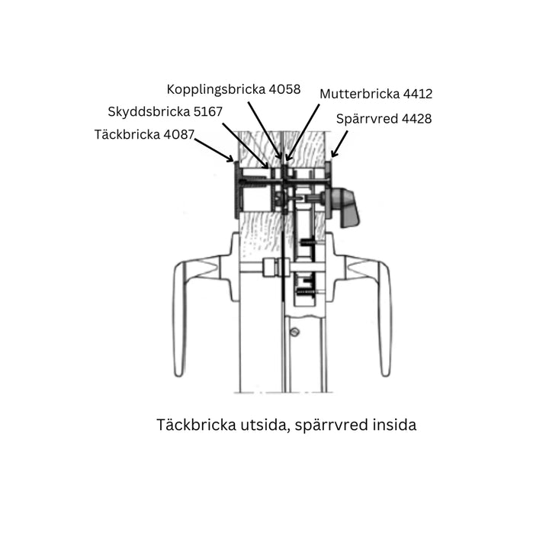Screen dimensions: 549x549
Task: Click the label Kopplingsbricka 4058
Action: point(233,90)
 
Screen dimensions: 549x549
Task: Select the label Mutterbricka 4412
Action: point(376,94)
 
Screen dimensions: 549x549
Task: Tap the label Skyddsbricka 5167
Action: point(165,111)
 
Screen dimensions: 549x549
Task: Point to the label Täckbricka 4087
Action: point(144,134)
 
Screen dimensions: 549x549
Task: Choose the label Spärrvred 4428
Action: point(384,119)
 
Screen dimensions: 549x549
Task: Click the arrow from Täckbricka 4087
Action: point(214,150)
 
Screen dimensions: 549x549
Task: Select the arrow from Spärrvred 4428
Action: point(339,144)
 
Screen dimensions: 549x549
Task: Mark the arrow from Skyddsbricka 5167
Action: point(246,146)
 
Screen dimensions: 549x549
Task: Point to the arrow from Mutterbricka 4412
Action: point(302,133)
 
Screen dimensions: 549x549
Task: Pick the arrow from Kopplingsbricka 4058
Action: point(265,130)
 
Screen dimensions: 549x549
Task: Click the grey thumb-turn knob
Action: point(344,206)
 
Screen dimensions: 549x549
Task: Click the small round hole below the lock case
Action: point(295,332)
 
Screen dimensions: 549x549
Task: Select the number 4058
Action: point(284,90)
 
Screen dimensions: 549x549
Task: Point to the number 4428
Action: point(416,119)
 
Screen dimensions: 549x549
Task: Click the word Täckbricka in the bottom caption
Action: point(196,425)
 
